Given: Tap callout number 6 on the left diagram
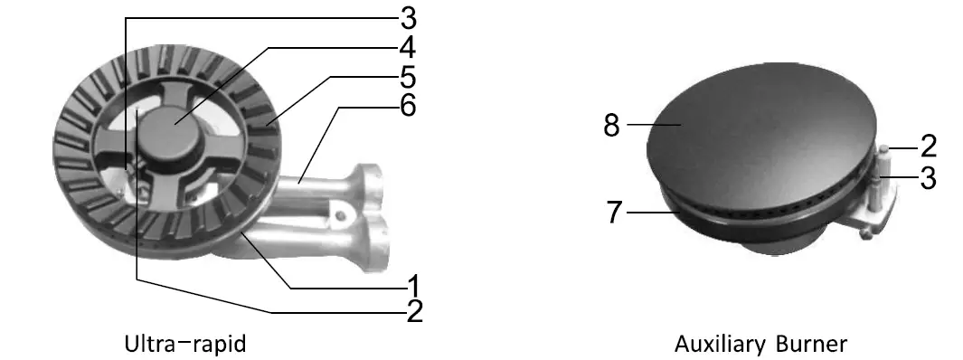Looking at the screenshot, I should coord(409,106).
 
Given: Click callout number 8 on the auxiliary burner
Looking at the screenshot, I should coord(612,125).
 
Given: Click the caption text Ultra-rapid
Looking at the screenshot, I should coord(185,345).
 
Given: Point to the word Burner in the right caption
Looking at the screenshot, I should coord(810,345).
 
